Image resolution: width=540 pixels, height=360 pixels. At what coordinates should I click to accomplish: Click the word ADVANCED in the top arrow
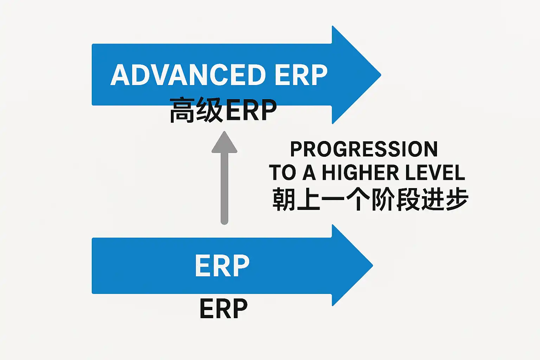coord(188,75)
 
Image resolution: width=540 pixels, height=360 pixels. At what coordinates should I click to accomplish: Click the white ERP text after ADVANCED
coord(301,75)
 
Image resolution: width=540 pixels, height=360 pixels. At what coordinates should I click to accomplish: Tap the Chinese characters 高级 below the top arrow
coord(196,110)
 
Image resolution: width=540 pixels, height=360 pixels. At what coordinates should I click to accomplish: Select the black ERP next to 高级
coord(251,110)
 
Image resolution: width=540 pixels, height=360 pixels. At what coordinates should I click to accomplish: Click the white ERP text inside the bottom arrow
coord(222,266)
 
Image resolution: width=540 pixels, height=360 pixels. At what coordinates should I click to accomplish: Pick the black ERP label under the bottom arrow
coord(224,309)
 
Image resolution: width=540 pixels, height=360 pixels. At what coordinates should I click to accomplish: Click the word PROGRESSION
coord(364,149)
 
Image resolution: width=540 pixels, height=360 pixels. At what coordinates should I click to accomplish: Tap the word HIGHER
coord(361,173)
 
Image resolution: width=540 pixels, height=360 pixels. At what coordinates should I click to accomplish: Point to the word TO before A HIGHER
coord(282,173)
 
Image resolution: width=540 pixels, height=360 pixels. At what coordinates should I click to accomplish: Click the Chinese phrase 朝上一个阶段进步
coord(370,199)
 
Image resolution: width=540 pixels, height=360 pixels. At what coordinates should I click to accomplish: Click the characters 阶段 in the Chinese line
coord(395,199)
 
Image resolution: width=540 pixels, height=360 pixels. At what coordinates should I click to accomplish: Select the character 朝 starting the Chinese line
coord(283,199)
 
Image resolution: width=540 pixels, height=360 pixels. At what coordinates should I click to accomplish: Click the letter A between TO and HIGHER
coord(309,173)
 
